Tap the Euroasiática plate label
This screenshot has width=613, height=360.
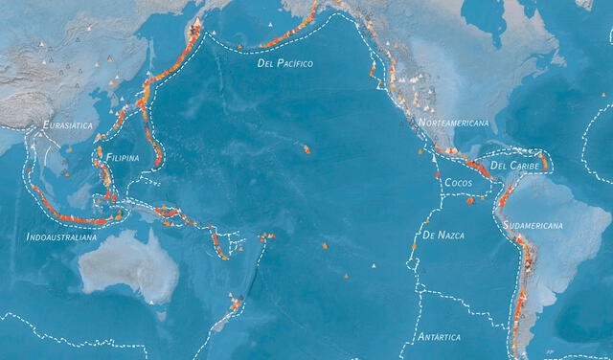click(68, 125)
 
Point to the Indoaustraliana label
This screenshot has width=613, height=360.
click(61, 236)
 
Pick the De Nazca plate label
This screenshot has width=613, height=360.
click(443, 235)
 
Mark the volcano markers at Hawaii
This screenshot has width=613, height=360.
click(306, 148)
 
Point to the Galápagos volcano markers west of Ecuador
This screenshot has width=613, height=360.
click(470, 201)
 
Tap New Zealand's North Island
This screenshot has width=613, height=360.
click(233, 307)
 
